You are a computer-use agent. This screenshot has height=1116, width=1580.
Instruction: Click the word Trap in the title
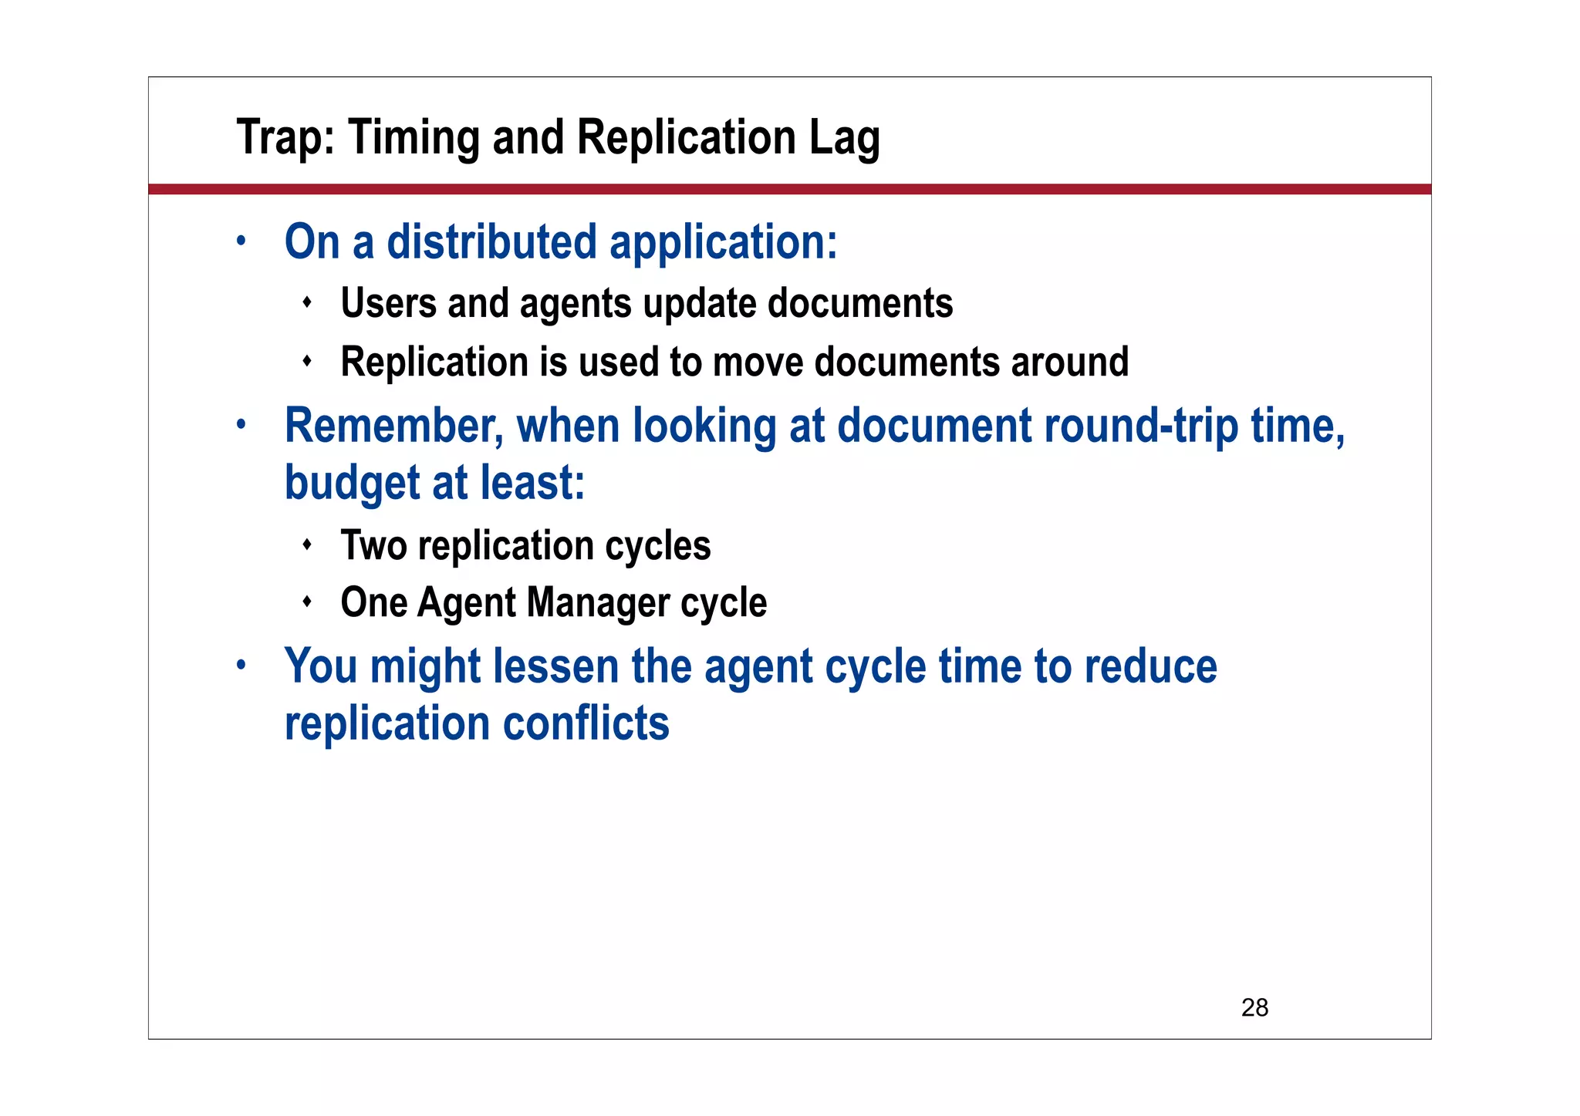click(x=284, y=138)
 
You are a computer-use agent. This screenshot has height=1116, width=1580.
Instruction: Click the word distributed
click(x=491, y=242)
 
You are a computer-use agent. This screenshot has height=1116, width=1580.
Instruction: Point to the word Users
click(x=388, y=303)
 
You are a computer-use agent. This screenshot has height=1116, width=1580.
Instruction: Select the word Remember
click(x=393, y=426)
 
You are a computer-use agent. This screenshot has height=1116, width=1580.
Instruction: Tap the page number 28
click(x=1254, y=1007)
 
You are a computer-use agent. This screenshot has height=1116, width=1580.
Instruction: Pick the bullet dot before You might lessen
click(x=241, y=664)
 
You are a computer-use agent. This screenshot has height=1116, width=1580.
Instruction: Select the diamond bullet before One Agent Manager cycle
click(x=307, y=601)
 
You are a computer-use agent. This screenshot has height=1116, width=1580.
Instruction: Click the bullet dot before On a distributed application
click(x=241, y=240)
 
